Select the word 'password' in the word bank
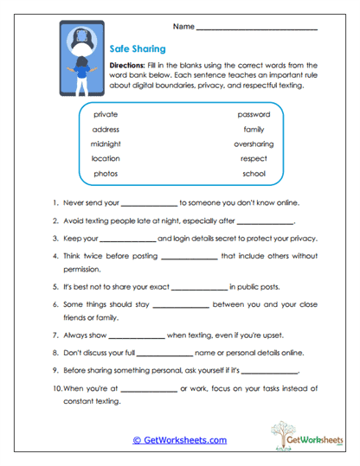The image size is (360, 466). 253,114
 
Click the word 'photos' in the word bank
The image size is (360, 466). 105,174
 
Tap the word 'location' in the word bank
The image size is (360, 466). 106,159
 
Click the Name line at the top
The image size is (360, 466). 256,29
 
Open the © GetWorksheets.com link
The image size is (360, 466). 179,440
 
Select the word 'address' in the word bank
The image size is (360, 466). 106,130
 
